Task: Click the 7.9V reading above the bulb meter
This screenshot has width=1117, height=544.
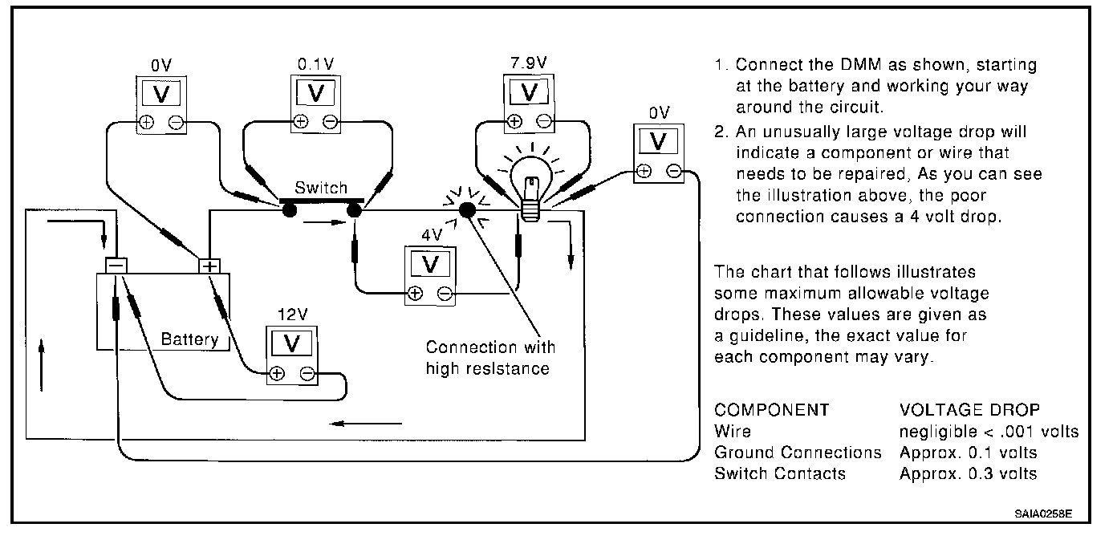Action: point(529,63)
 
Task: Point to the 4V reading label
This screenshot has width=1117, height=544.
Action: point(431,236)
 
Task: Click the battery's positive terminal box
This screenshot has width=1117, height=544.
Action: point(209,266)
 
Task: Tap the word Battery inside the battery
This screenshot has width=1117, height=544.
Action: point(189,339)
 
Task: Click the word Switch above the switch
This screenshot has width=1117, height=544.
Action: point(321,188)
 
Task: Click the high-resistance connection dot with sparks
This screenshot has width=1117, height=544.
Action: point(466,210)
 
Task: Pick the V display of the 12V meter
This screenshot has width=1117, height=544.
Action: point(293,343)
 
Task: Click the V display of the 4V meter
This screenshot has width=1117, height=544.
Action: point(431,264)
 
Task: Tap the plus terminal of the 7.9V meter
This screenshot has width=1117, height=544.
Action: point(514,122)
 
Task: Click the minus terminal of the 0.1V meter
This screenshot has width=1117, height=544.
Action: point(330,121)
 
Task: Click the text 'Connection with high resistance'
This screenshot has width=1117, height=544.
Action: point(490,358)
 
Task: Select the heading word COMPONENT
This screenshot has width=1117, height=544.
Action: point(771,410)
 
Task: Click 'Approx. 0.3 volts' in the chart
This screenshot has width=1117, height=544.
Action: point(968,473)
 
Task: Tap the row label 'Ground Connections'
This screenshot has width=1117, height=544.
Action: point(798,453)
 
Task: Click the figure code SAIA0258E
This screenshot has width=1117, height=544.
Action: point(1042,512)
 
